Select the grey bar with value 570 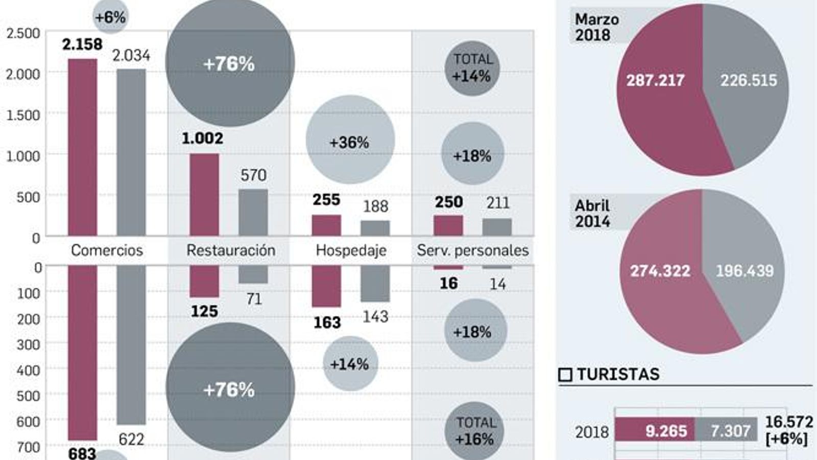tap(253, 212)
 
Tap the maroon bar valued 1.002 tap(204, 194)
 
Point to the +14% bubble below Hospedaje tap(350, 363)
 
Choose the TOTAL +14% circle tap(472, 68)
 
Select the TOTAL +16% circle tap(474, 431)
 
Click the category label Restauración tap(230, 250)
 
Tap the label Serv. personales tap(472, 250)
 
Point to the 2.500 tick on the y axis tap(23, 33)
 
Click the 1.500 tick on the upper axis tap(23, 116)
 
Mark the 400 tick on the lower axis tap(29, 370)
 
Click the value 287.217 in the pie tap(655, 80)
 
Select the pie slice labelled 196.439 tap(744, 271)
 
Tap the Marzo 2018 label tap(596, 27)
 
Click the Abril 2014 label tap(592, 214)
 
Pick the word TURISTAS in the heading tap(618, 375)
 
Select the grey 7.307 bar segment tap(730, 431)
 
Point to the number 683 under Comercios tap(82, 453)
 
